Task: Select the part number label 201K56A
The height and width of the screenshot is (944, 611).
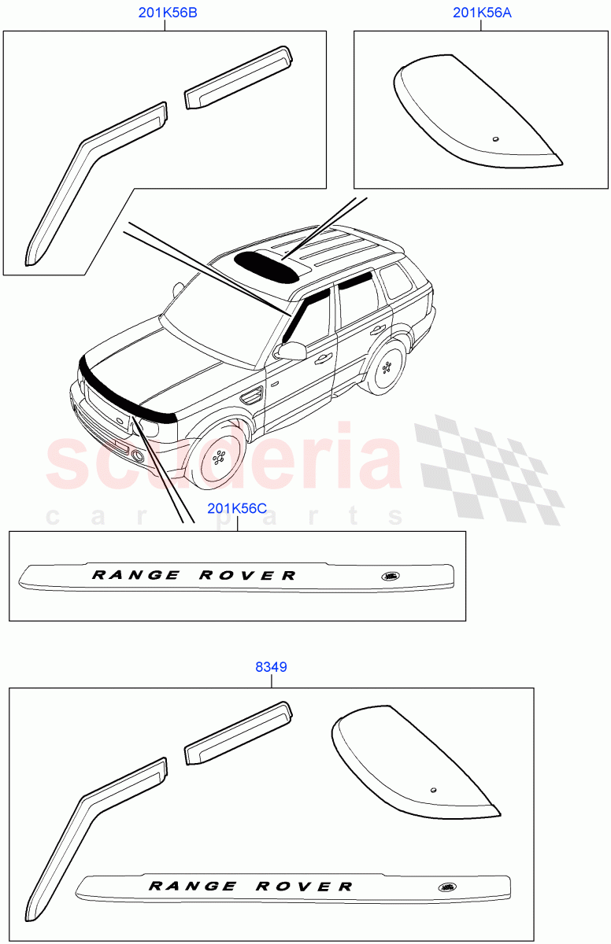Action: [x=480, y=13]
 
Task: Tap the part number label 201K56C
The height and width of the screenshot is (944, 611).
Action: [x=237, y=508]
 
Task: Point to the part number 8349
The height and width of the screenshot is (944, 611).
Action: [x=271, y=666]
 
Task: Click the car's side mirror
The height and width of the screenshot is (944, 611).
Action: [x=292, y=350]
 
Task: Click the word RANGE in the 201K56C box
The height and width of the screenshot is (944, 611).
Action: [x=136, y=575]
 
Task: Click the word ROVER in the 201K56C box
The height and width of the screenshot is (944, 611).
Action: [x=247, y=575]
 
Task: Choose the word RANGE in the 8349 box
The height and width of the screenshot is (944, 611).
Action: [x=192, y=886]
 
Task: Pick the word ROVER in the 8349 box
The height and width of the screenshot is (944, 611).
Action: [x=305, y=886]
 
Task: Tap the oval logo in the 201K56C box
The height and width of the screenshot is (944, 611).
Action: [x=391, y=576]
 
